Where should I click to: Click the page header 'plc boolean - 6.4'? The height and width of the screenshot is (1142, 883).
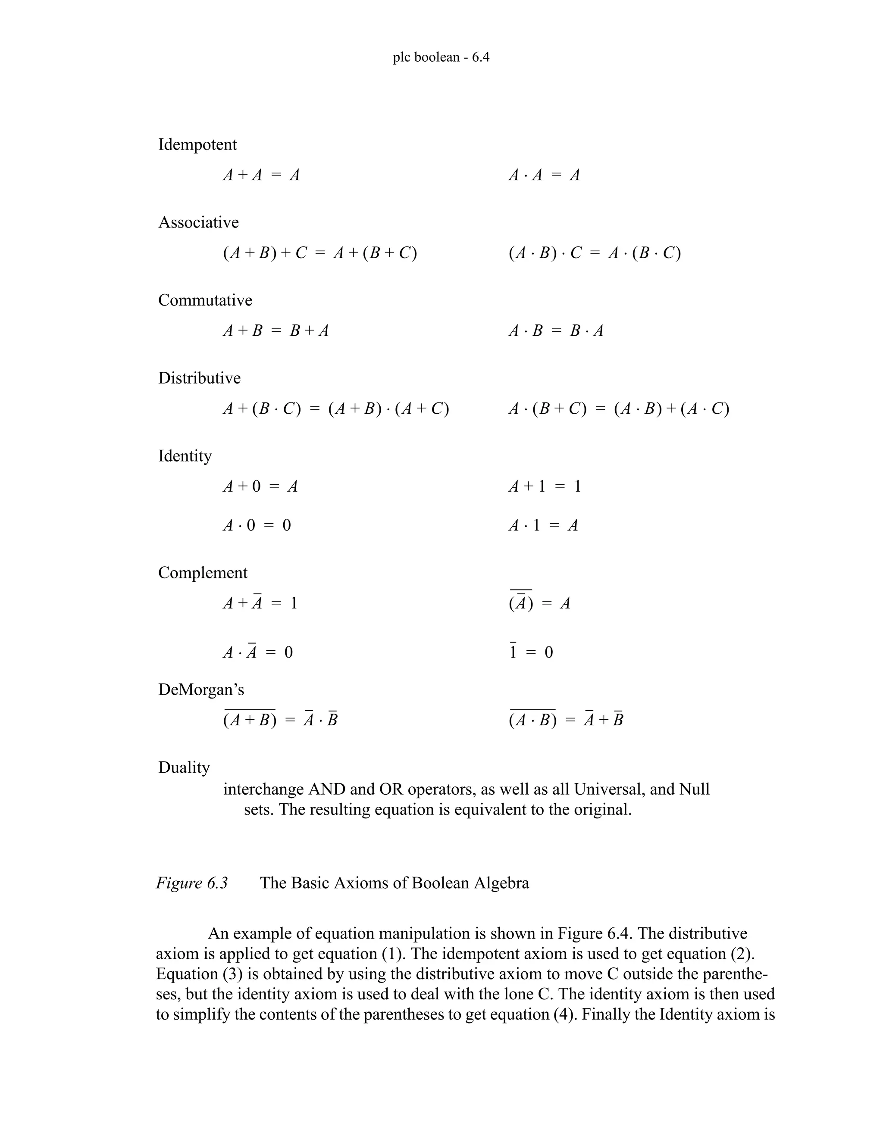point(441,57)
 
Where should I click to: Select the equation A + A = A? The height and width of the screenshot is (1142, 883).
point(261,175)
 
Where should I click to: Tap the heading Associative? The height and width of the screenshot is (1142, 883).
point(198,222)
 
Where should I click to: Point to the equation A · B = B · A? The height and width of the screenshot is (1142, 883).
point(555,331)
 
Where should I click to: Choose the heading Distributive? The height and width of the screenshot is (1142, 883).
point(199,378)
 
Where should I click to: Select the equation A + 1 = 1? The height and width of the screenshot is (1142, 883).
point(545,487)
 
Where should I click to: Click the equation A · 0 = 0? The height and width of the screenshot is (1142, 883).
point(257,525)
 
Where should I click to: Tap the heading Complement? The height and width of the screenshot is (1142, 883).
point(203,573)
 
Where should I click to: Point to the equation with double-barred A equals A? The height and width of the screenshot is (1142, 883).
point(539,603)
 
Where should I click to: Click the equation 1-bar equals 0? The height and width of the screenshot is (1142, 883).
point(531,652)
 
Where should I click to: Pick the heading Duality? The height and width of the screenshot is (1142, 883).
point(184,768)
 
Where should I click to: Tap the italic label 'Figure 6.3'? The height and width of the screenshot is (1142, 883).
point(191,883)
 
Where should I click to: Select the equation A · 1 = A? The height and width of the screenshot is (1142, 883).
point(543,525)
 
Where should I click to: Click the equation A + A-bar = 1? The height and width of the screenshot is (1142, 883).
point(260,603)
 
